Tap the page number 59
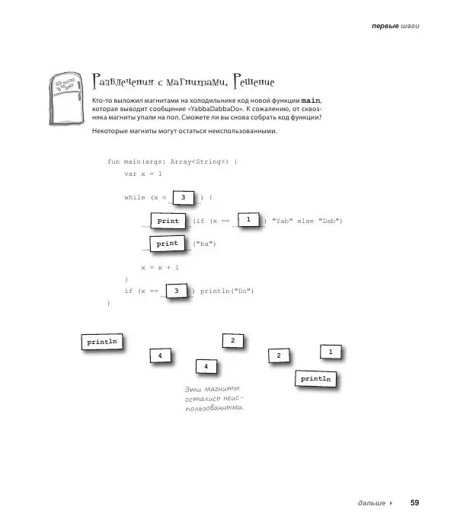[x=415, y=502]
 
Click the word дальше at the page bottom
[x=370, y=503]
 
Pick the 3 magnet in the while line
[x=184, y=198]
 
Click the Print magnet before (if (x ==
[x=168, y=221]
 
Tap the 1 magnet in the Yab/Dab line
[x=248, y=220]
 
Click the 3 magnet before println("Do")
[x=176, y=291]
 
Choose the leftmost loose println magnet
[x=103, y=343]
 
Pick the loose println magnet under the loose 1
[x=317, y=378]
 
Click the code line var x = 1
[x=143, y=174]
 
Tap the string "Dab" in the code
[x=328, y=221]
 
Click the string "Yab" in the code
[x=283, y=221]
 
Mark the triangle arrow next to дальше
[x=391, y=503]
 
